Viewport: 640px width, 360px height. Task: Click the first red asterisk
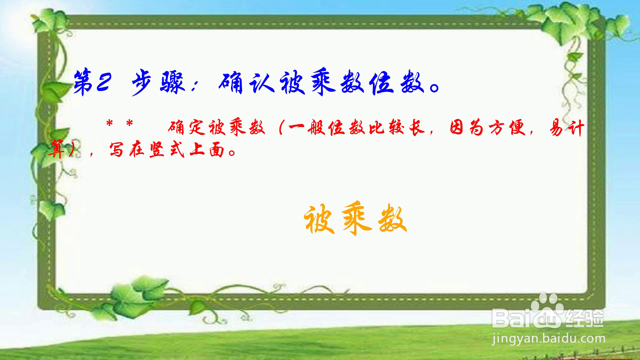pyautogui.click(x=109, y=124)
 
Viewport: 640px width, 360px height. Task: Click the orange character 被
pyautogui.click(x=320, y=219)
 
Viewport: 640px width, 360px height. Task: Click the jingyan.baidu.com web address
pyautogui.click(x=548, y=339)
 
